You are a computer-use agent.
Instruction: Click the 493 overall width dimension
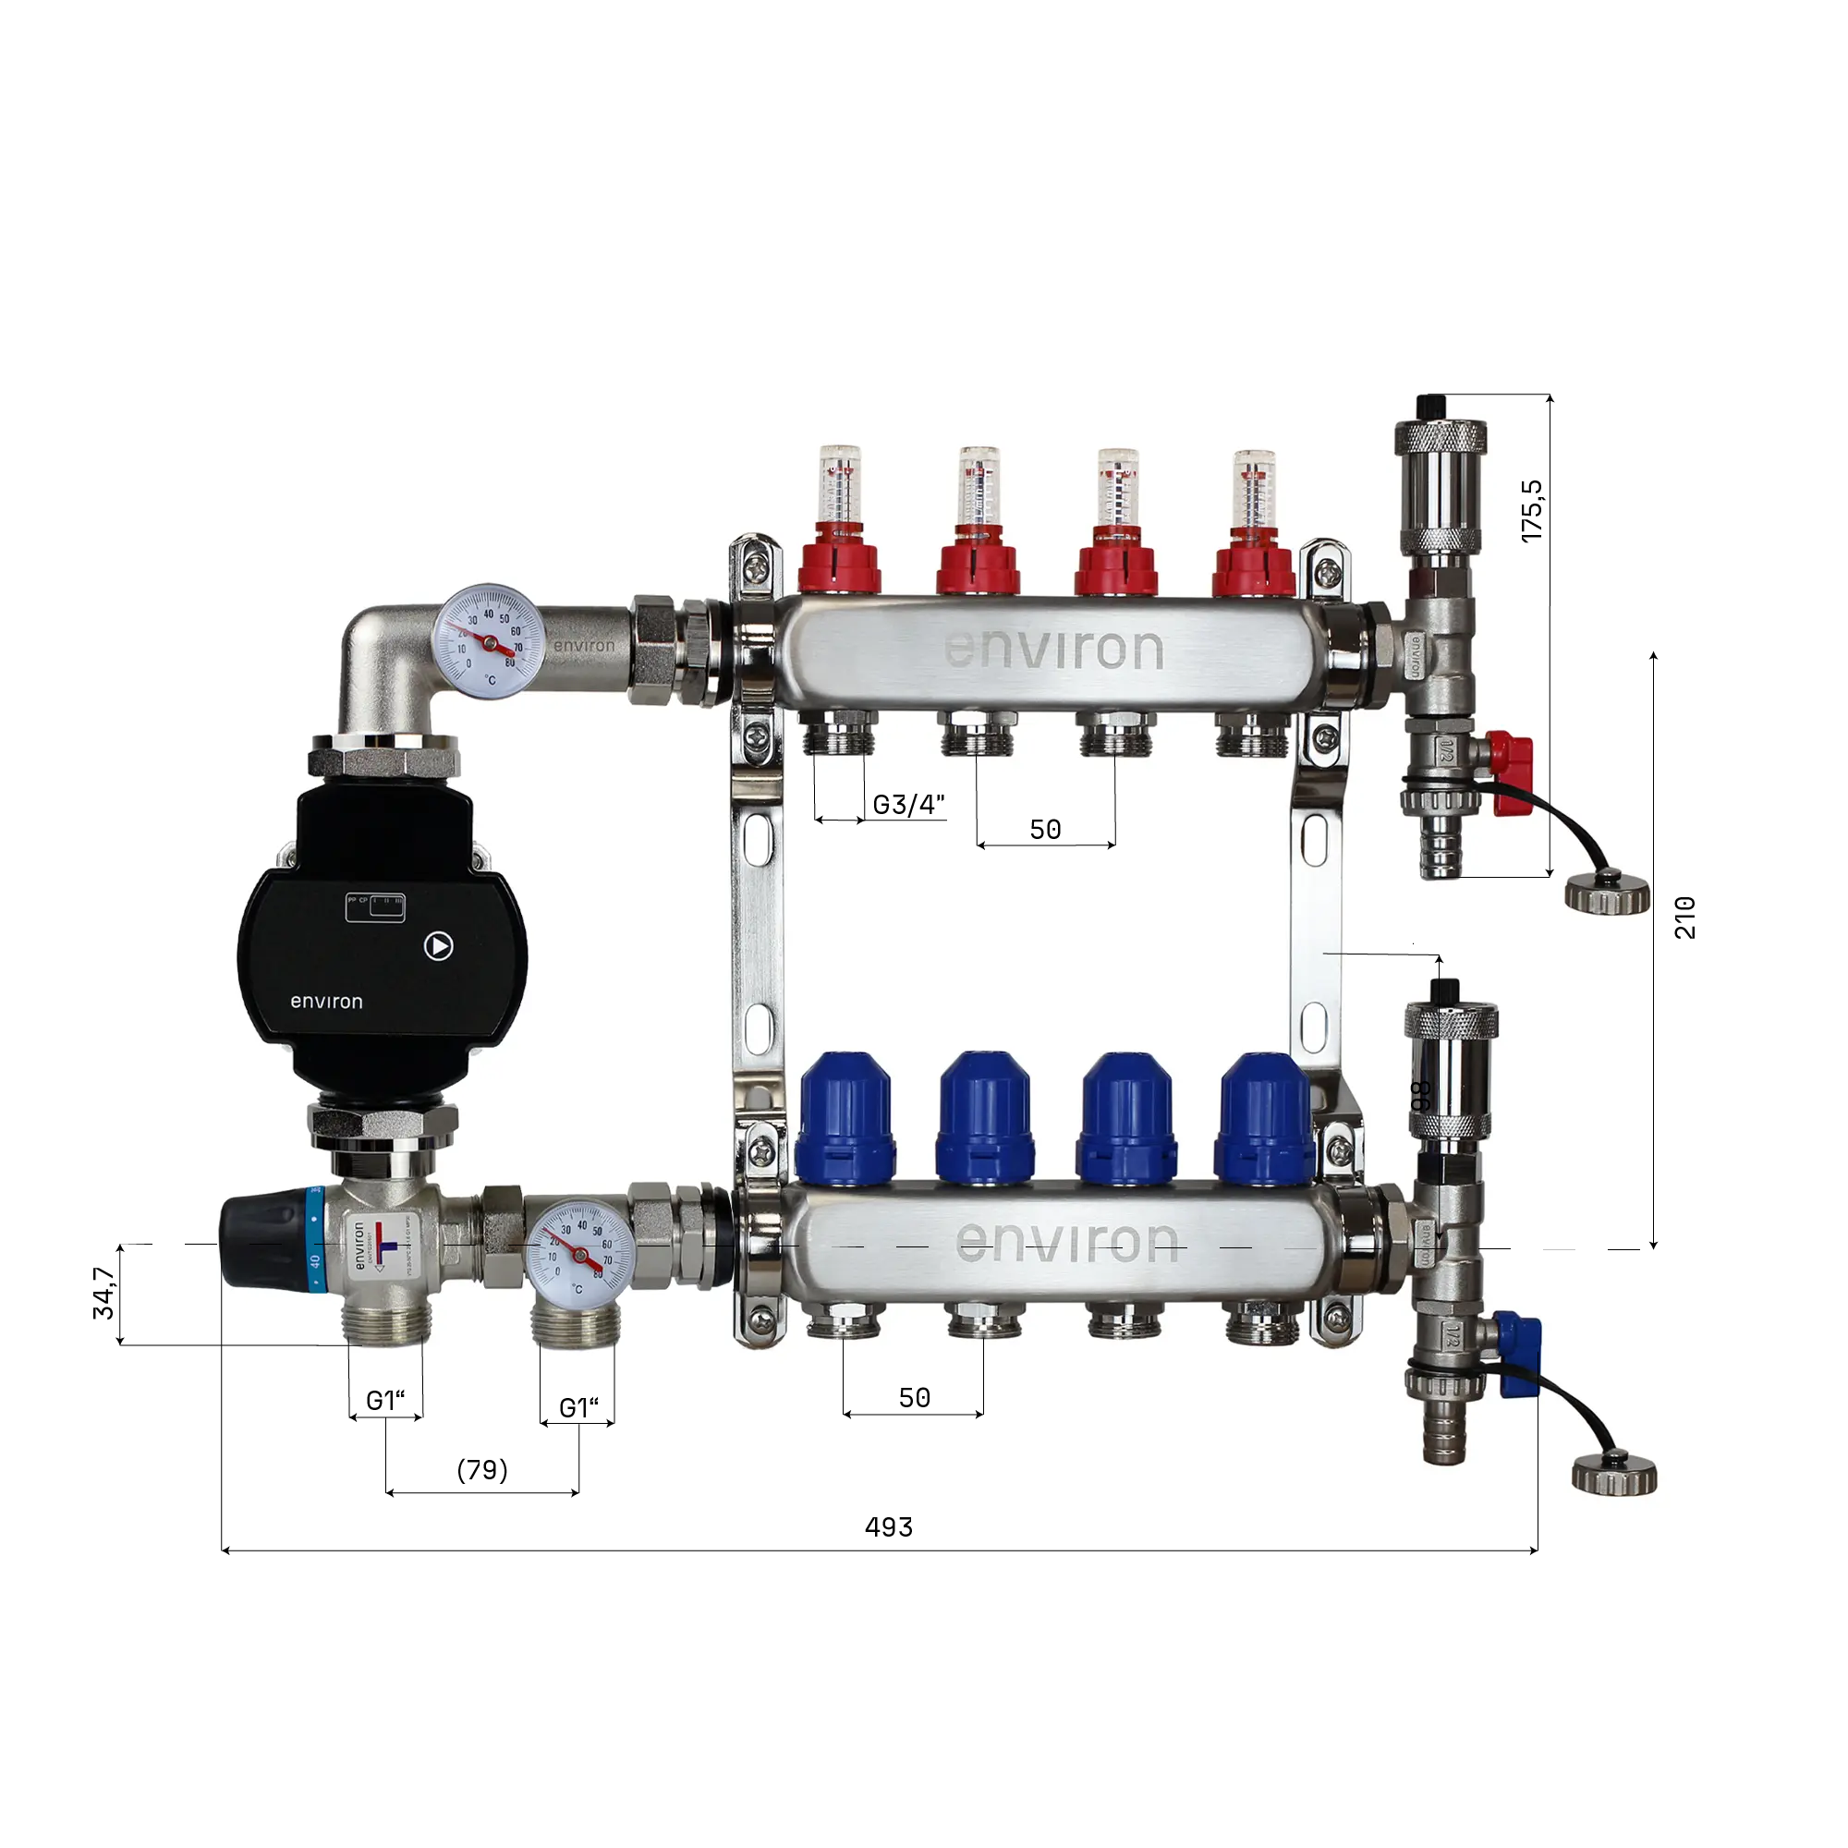coord(888,1527)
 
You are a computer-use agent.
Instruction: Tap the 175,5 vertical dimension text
coord(1531,511)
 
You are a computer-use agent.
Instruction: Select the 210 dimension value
coord(1684,918)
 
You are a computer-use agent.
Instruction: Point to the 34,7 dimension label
coord(103,1294)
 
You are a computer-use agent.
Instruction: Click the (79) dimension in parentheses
coord(482,1470)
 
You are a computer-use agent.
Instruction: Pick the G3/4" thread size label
coord(907,805)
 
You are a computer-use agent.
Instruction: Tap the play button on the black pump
coord(438,946)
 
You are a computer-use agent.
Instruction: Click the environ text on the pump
coord(326,1002)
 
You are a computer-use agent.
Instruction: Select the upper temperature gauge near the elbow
coord(489,642)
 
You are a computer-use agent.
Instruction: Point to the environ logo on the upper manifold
coord(1053,650)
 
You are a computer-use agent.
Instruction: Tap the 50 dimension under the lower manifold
coord(914,1397)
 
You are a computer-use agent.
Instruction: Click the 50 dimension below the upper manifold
coord(1044,830)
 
